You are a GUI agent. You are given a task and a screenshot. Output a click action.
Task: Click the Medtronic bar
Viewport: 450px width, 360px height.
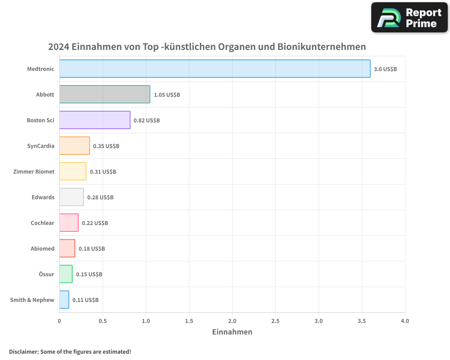[x=215, y=69]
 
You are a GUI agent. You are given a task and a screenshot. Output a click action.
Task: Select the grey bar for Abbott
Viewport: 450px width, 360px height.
[x=104, y=94]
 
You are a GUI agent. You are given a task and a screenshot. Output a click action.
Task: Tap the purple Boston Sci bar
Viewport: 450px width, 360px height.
[x=94, y=120]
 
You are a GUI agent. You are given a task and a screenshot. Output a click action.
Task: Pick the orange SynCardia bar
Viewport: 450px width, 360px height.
[x=74, y=146]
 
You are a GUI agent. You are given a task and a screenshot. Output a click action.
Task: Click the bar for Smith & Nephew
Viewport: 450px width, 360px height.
[x=64, y=300]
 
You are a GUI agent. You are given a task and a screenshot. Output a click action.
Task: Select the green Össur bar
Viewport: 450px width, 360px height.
[x=66, y=274]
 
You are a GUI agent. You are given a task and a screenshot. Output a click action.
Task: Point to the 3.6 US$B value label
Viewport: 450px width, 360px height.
[x=385, y=69]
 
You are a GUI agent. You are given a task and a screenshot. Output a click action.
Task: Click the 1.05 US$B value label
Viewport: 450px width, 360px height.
[x=166, y=95]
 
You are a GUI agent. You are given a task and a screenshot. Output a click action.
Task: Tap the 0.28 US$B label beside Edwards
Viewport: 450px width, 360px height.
[x=100, y=198]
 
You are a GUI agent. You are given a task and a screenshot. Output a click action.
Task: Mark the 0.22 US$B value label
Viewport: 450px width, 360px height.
[x=94, y=223]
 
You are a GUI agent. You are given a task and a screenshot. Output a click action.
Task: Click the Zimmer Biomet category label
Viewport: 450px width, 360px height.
[x=34, y=171]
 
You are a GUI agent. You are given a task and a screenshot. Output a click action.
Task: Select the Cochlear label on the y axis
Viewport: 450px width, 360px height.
[x=42, y=223]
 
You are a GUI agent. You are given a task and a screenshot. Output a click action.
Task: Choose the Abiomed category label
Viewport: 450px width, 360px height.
[x=42, y=248]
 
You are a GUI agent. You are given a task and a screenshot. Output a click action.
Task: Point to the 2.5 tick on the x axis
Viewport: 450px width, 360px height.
[x=275, y=321]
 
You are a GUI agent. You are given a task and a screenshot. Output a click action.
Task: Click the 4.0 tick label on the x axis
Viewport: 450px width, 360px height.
[x=405, y=321]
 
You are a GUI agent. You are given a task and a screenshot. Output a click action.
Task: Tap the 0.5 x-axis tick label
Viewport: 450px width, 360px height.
[x=103, y=321]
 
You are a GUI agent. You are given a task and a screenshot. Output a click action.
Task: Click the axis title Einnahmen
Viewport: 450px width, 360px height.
[x=232, y=332]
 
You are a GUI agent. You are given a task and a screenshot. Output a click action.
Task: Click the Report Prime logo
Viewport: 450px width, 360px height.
[x=409, y=18]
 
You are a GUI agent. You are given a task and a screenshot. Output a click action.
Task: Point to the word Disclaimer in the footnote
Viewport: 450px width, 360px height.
[x=23, y=351]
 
